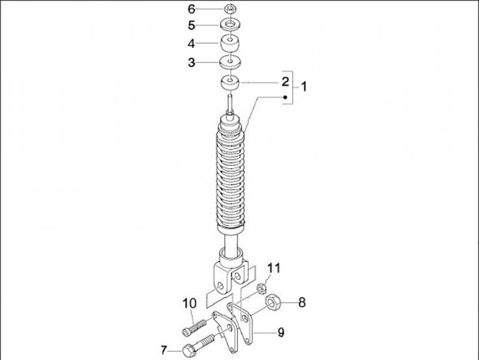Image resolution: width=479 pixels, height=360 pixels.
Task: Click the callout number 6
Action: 191,9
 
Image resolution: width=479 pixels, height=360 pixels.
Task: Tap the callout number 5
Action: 191,25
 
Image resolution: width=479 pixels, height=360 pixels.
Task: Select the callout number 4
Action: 191,44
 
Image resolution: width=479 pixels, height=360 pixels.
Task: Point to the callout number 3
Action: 191,63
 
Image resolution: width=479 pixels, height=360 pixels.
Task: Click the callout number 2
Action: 285,82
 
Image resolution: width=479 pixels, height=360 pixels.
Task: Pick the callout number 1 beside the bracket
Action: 303,87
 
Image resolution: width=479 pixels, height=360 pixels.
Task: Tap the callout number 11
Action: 273,268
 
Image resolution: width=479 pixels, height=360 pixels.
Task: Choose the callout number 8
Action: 302,303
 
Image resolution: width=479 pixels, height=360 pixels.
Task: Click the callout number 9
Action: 281,332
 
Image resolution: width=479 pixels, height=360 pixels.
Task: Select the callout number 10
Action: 190,303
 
